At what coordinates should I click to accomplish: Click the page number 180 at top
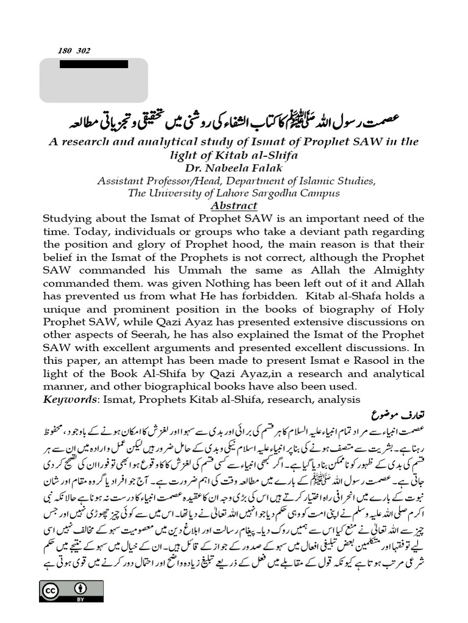pyautogui.click(x=65, y=51)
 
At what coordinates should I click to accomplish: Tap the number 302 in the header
pyautogui.click(x=83, y=51)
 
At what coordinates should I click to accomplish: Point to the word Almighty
pyautogui.click(x=399, y=270)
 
